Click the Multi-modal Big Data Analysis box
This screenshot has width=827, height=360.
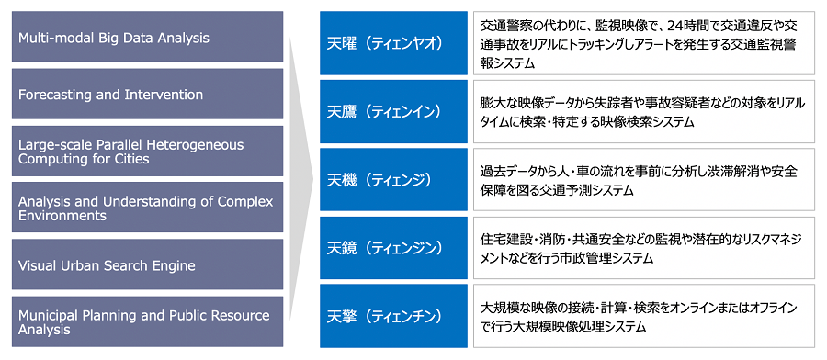click(x=147, y=37)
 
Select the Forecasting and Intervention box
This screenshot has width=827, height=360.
click(x=147, y=94)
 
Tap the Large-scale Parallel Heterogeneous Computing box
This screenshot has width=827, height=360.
click(x=147, y=151)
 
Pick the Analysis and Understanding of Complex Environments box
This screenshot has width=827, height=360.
click(x=147, y=208)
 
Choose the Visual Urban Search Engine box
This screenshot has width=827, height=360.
click(x=147, y=264)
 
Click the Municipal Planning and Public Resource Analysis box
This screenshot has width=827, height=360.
click(x=147, y=321)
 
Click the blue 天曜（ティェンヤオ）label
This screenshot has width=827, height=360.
click(x=393, y=42)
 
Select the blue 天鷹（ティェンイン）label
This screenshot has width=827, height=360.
click(x=393, y=111)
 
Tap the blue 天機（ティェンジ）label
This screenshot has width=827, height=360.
click(x=393, y=179)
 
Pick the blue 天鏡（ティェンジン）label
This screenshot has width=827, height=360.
click(x=393, y=247)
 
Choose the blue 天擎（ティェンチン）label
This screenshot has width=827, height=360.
click(x=393, y=316)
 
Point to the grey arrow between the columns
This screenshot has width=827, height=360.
click(x=300, y=179)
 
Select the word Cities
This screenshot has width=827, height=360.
click(x=133, y=158)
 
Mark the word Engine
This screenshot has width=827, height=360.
click(x=176, y=266)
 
